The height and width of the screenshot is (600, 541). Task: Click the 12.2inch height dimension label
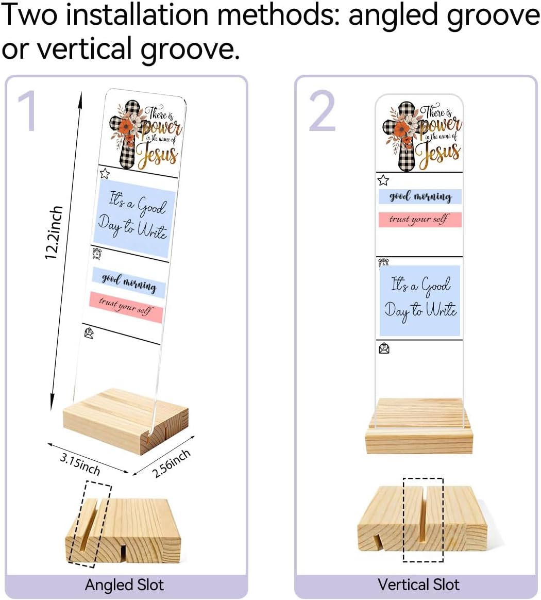pos(54,232)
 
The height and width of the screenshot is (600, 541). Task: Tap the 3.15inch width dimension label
pos(80,464)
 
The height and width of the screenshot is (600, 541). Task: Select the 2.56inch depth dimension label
pos(172,463)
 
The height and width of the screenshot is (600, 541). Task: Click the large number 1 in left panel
pos(27,111)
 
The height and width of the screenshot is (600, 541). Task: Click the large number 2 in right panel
pos(322,111)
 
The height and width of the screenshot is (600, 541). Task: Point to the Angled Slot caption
pos(124,585)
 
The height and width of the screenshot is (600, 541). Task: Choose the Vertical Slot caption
pos(418,585)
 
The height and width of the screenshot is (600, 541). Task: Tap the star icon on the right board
pos(383,180)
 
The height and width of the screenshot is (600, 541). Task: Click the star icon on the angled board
pos(105,173)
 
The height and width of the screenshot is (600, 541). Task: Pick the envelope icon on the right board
pos(384,348)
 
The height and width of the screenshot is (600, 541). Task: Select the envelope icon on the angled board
pos(89,333)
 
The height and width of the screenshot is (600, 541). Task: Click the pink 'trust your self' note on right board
pos(420,220)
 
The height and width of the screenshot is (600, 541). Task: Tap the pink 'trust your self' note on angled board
pos(126,307)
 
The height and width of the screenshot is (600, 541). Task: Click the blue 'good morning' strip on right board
pos(420,197)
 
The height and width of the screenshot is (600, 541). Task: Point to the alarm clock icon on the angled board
pos(97,253)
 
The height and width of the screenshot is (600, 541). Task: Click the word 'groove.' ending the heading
pos(190,49)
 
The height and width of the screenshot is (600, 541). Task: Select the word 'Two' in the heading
pos(29,14)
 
